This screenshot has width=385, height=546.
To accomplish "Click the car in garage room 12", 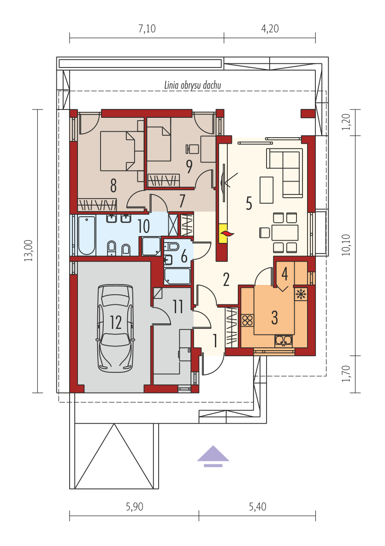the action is tap(116, 328).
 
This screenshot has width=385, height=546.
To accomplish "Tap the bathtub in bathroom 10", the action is tap(87, 236).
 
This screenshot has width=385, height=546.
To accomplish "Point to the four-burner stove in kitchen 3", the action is tap(248, 320).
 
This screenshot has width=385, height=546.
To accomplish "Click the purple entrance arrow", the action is tap(213, 456).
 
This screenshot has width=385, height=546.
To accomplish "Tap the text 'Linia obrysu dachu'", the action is tap(193, 85).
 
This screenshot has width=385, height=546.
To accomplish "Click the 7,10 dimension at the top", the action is tap(147, 29).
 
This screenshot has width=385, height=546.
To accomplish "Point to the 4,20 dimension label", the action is tap(270, 29).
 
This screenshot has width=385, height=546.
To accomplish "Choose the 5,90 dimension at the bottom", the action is tap(135, 507).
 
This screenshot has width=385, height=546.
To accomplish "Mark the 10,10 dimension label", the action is tap(346, 245).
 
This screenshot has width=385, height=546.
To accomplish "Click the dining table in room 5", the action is tap(285, 233).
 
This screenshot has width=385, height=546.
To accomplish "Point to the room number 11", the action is tap(178, 307).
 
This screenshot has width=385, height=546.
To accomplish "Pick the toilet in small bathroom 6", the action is tap(172, 247).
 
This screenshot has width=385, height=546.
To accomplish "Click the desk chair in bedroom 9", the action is tap(192, 149).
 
